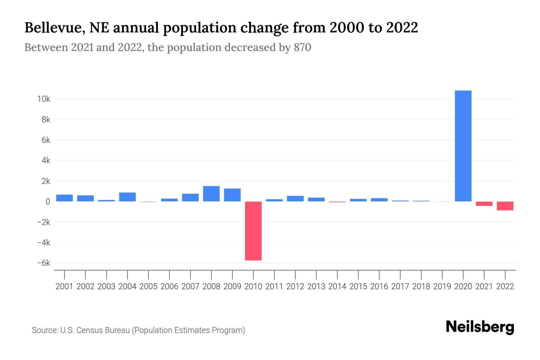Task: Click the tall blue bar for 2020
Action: click(463, 146)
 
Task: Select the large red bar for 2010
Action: click(253, 231)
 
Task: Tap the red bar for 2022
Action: click(505, 206)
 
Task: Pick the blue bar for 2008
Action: click(211, 194)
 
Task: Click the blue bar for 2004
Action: click(127, 197)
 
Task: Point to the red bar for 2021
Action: click(484, 204)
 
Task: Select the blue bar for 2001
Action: click(64, 198)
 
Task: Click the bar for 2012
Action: click(295, 199)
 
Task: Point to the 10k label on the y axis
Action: click(43, 99)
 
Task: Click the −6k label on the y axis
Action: click(43, 263)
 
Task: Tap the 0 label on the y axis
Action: click(48, 202)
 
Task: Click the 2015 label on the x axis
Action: click(358, 286)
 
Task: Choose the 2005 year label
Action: click(148, 286)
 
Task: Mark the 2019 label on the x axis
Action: click(442, 286)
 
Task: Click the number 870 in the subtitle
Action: click(302, 47)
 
